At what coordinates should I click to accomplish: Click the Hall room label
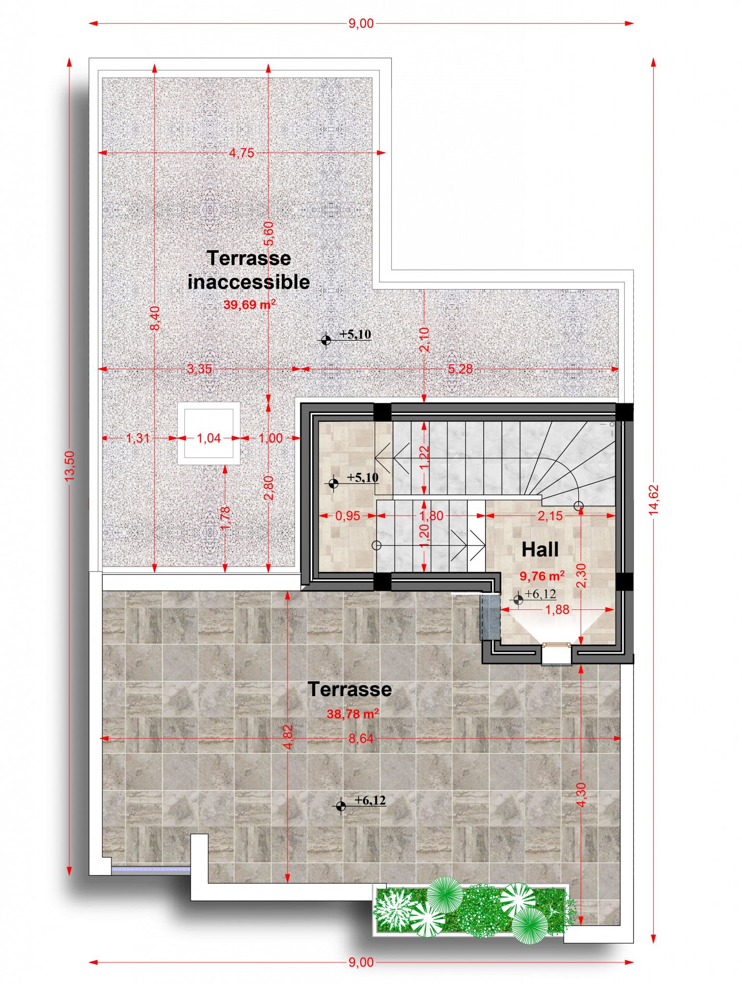[x=540, y=549]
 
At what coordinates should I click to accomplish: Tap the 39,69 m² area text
[x=249, y=305]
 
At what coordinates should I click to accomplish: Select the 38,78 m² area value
[x=353, y=713]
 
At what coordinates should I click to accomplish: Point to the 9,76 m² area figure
[x=542, y=576]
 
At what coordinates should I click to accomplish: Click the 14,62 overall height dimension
[x=654, y=500]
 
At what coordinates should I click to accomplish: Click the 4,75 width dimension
[x=242, y=153]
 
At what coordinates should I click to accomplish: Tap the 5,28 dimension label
[x=460, y=369]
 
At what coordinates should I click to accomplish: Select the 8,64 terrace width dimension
[x=361, y=738]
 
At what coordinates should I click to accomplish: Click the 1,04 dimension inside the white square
[x=209, y=438]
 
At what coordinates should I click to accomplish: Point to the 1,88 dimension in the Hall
[x=557, y=610]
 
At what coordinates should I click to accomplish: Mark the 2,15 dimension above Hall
[x=550, y=516]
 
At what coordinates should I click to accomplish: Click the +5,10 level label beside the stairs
[x=363, y=478]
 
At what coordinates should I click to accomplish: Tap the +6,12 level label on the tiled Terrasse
[x=370, y=800]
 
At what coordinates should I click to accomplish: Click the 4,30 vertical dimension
[x=581, y=795]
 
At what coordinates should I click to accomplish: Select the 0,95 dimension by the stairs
[x=348, y=516]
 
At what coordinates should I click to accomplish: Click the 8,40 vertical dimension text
[x=155, y=318]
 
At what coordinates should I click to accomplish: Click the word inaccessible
[x=249, y=282]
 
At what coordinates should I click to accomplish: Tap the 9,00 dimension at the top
[x=361, y=23]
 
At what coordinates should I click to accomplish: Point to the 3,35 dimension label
[x=199, y=369]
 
